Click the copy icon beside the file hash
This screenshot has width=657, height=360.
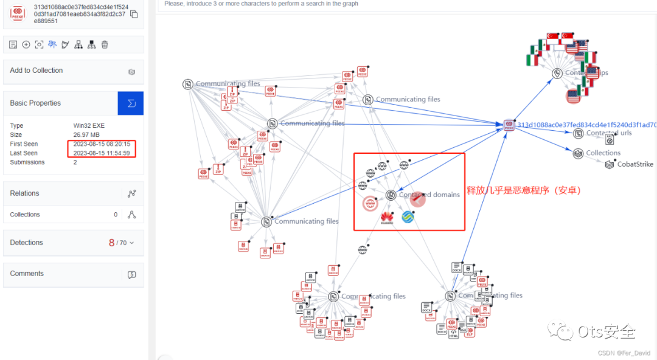[134, 14]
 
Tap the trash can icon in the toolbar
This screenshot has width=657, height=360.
[105, 44]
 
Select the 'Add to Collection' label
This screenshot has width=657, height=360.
[36, 71]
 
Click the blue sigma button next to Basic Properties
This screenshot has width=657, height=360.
[131, 103]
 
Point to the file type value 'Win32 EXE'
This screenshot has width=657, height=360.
[89, 126]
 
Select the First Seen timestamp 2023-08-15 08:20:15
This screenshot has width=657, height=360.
[102, 144]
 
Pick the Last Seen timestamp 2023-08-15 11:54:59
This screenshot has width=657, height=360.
[102, 153]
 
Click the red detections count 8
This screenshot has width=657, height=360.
[111, 243]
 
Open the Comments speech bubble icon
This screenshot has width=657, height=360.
[131, 274]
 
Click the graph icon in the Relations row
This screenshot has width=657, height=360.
[131, 194]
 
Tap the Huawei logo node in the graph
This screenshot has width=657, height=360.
[387, 217]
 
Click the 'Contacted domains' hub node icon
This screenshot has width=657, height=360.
[391, 195]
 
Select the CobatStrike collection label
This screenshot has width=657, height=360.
[634, 164]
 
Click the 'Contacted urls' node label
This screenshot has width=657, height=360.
[608, 133]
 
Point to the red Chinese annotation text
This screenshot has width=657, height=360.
[524, 190]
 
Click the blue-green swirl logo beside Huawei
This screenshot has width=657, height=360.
[408, 216]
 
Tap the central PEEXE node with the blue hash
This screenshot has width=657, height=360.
[509, 125]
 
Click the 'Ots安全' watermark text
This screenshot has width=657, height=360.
[606, 332]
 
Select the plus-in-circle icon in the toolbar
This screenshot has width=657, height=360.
[26, 44]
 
